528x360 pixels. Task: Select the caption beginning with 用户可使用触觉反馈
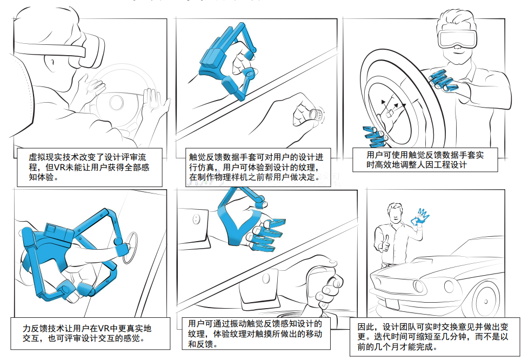tap(424, 159)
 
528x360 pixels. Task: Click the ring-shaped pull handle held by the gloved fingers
tap(131, 248)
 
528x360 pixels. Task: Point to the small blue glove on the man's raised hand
tap(420, 217)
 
